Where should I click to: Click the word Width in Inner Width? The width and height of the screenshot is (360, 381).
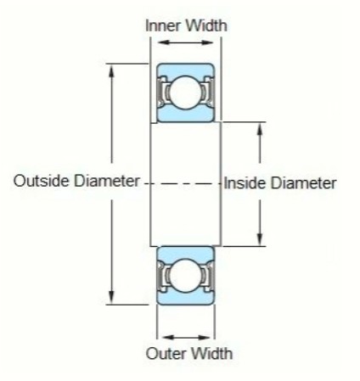pyautogui.click(x=206, y=25)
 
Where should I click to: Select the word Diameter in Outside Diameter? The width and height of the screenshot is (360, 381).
pyautogui.click(x=107, y=181)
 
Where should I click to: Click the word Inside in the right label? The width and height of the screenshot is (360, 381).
pyautogui.click(x=245, y=183)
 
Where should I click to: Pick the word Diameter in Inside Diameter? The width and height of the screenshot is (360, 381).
pyautogui.click(x=304, y=183)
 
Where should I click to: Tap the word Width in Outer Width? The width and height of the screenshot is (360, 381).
pyautogui.click(x=211, y=354)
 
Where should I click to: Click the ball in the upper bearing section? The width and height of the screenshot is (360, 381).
pyautogui.click(x=185, y=92)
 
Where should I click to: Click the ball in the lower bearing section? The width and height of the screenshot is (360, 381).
pyautogui.click(x=185, y=275)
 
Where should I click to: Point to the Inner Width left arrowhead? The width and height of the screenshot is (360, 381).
pyautogui.click(x=164, y=42)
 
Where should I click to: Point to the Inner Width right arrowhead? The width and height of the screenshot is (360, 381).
pyautogui.click(x=206, y=42)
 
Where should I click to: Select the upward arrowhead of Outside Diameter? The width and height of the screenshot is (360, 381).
pyautogui.click(x=112, y=71)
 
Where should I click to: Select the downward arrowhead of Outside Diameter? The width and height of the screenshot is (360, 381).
pyautogui.click(x=112, y=297)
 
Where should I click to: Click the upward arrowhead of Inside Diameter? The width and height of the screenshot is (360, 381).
pyautogui.click(x=260, y=131)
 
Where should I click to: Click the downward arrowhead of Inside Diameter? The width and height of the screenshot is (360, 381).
pyautogui.click(x=260, y=238)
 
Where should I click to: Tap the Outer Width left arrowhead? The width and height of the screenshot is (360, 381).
pyautogui.click(x=169, y=338)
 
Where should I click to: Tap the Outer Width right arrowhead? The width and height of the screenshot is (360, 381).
pyautogui.click(x=203, y=338)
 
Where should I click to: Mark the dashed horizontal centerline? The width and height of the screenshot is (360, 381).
pyautogui.click(x=183, y=184)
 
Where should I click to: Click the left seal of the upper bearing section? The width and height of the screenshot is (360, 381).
pyautogui.click(x=161, y=92)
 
